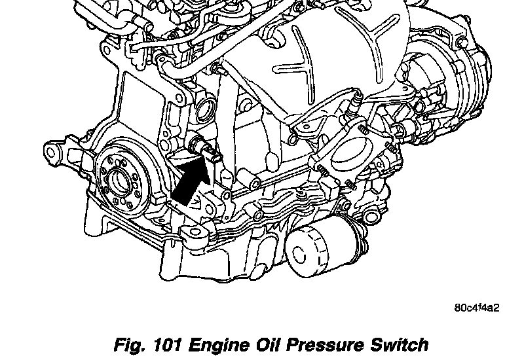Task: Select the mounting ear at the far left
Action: pos(50,153)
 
